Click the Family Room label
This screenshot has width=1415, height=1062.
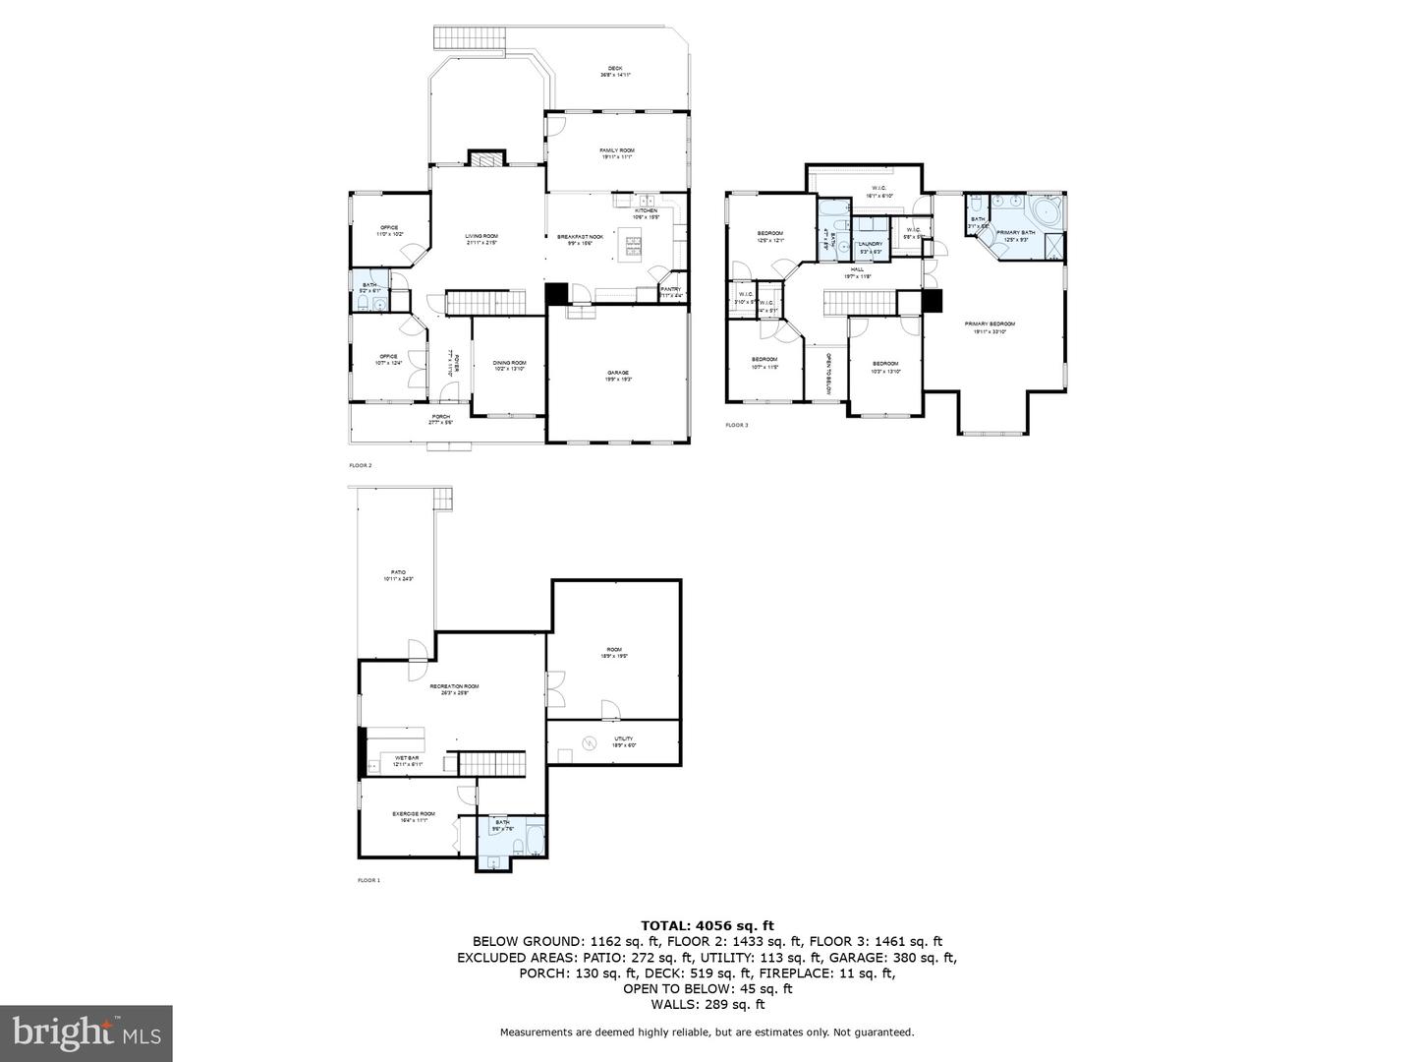pyautogui.click(x=617, y=150)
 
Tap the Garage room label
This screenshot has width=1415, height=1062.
pyautogui.click(x=617, y=373)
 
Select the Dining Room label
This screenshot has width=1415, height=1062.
pyautogui.click(x=509, y=363)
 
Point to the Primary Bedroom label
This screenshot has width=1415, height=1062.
pyautogui.click(x=993, y=324)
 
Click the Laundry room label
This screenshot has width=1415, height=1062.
pyautogui.click(x=870, y=244)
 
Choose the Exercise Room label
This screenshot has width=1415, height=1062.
pyautogui.click(x=414, y=814)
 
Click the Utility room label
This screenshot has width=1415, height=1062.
pyautogui.click(x=624, y=738)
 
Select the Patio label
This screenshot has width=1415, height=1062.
pyautogui.click(x=398, y=572)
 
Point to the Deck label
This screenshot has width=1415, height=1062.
pyautogui.click(x=615, y=69)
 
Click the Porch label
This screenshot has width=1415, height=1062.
pyautogui.click(x=441, y=417)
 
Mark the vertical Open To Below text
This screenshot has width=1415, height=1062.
pyautogui.click(x=828, y=374)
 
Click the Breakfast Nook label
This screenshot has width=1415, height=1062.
pyautogui.click(x=574, y=237)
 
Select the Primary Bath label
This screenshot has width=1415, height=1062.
pyautogui.click(x=1015, y=233)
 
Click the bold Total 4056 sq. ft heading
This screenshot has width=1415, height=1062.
pyautogui.click(x=707, y=925)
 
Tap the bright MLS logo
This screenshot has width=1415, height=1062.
pyautogui.click(x=86, y=1032)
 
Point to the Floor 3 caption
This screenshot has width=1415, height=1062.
pyautogui.click(x=737, y=426)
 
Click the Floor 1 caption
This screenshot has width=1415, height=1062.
pyautogui.click(x=368, y=880)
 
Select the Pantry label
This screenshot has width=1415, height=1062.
pyautogui.click(x=670, y=289)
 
